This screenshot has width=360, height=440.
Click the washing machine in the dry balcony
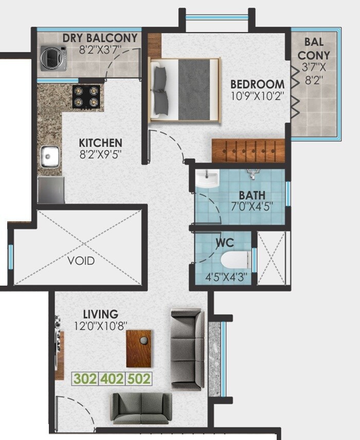pos(53,57)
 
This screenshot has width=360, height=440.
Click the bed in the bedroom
pos(185,90)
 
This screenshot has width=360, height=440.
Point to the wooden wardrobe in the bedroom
pos(248,150)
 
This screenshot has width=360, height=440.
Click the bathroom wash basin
pos(207,179)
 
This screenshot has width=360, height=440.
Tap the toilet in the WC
pos(235,262)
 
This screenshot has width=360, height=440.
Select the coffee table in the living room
pos(139,348)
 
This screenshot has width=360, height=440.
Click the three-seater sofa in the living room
pos(187,348)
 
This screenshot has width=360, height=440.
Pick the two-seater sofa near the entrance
pos(141,408)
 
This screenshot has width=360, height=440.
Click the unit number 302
pos(85,379)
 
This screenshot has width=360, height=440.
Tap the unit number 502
pos(139,379)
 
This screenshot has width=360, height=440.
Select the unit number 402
pos(112,379)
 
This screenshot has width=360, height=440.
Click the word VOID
pos(81,261)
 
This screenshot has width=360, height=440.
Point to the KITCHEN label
pos(100,143)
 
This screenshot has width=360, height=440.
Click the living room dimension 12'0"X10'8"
pos(101,325)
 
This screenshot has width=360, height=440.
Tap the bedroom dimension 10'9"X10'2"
pos(257,96)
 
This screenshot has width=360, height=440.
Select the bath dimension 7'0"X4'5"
pos(252,207)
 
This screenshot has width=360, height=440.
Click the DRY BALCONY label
pos(100,38)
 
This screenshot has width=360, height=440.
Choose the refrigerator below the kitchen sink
pos(51,189)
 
